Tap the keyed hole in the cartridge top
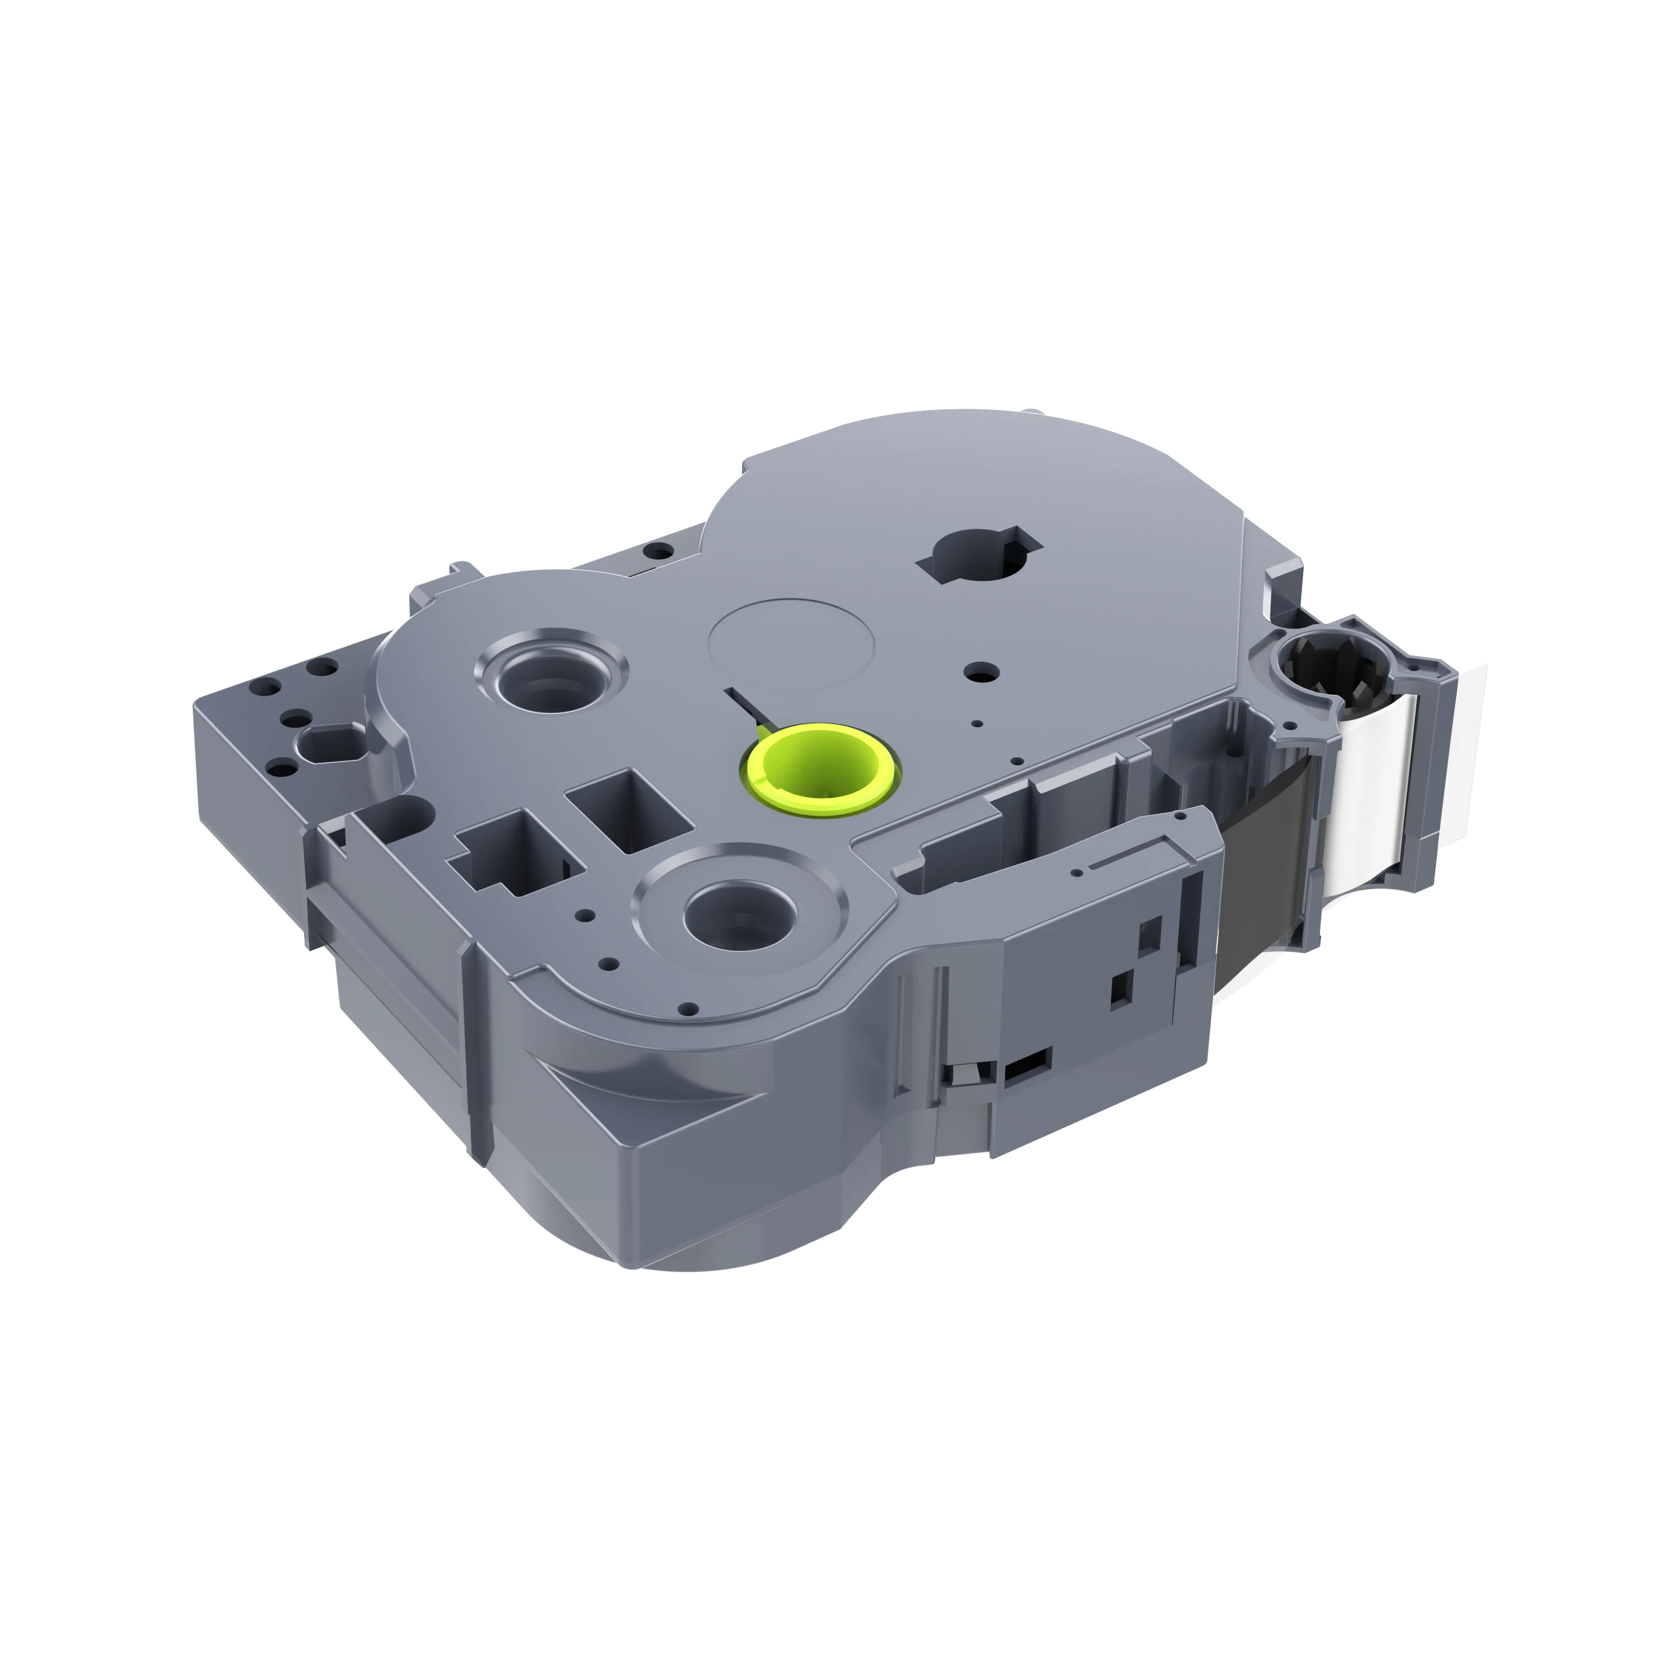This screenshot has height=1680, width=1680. pyautogui.click(x=979, y=554)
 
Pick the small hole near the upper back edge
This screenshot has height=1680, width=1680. pyautogui.click(x=658, y=550)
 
